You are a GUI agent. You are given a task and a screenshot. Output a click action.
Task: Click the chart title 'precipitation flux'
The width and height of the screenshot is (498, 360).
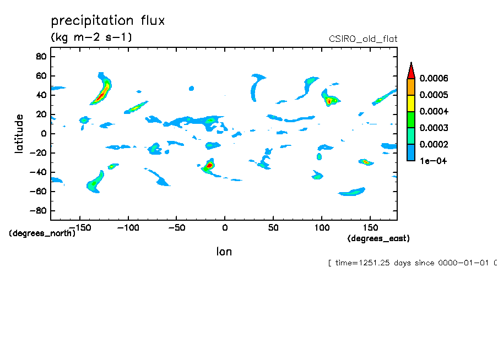pos(108,21)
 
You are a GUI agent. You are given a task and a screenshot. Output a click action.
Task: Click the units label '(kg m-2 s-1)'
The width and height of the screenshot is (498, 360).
pos(91,37)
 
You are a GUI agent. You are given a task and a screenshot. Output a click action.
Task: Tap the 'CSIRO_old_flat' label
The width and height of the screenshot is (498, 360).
pos(362,39)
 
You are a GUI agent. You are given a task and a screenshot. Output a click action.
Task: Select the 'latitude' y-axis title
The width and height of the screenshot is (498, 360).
pos(19,133)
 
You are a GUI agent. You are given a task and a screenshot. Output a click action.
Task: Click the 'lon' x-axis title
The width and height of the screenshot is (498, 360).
pos(224,252)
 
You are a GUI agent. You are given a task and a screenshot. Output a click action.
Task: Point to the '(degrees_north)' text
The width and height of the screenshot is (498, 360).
pos(42,233)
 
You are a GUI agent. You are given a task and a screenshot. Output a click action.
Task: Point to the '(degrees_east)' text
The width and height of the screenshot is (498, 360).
pos(378,238)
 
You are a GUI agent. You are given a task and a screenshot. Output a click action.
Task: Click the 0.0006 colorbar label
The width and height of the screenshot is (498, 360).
pos(434,78)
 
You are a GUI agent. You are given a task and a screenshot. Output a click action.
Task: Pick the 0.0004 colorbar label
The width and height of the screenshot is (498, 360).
pos(434,111)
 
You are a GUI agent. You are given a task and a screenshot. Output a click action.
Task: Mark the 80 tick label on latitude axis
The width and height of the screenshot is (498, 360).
pos(40,56)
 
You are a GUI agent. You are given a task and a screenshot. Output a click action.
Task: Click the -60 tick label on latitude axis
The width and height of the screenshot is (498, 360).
pos(38,192)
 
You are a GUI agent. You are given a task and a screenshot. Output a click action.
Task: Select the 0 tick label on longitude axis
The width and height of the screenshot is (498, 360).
pos(224,227)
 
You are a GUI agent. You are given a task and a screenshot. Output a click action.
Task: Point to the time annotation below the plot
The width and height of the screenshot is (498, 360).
pos(412,263)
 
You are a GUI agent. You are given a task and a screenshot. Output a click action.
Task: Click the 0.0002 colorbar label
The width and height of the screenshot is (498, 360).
pos(434,144)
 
